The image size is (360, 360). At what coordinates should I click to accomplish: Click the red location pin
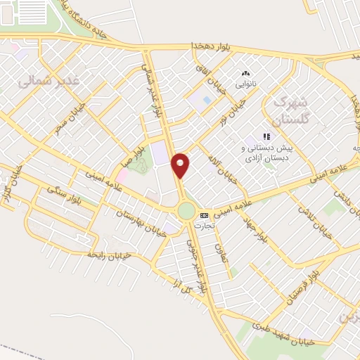pos(181,164)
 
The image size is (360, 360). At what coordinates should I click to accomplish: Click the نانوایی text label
pos(245,83)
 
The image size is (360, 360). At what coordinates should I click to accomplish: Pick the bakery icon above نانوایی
pos(245,72)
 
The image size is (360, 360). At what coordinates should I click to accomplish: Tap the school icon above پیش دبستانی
pos(266,136)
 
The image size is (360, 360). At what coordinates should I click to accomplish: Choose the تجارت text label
pos(205,225)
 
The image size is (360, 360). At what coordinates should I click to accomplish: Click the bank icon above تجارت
pos(204,215)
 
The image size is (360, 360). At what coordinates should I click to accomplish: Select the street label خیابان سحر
pos(68,119)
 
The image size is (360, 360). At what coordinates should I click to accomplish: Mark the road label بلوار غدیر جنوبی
pos(195,264)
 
